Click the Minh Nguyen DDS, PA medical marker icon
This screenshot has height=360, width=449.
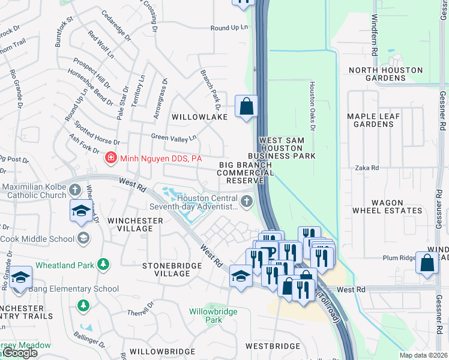click(111, 159)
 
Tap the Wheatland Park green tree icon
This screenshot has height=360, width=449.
click(103, 264)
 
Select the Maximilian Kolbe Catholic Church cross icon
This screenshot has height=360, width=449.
click(75, 190)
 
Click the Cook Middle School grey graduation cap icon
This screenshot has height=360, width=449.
click(83, 238)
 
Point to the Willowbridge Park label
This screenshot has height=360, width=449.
click(214, 316)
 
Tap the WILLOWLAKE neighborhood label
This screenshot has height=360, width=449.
click(199, 117)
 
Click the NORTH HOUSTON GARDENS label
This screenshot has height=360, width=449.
click(385, 74)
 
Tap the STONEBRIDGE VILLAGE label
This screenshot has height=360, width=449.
click(164, 269)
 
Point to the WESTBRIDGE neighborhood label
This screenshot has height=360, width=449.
click(273, 346)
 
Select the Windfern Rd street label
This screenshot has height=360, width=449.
click(374, 36)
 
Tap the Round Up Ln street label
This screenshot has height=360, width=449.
click(229, 28)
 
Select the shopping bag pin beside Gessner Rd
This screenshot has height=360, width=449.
click(427, 263)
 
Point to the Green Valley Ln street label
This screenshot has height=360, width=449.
click(173, 137)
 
